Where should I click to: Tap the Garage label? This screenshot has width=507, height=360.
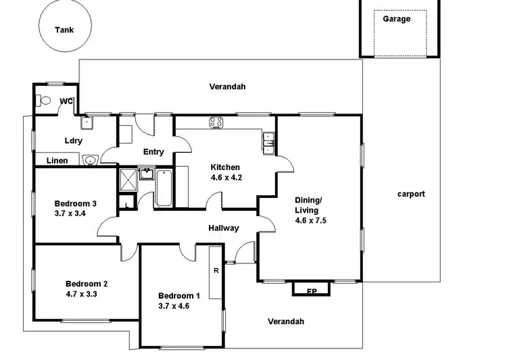(396, 19)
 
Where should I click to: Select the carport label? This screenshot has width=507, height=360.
(410, 194)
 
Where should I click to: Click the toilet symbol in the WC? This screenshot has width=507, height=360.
(45, 101)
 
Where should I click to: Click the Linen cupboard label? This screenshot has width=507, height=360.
(57, 161)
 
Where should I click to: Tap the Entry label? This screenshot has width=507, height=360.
(153, 152)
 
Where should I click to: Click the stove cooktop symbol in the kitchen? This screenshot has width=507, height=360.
(217, 123)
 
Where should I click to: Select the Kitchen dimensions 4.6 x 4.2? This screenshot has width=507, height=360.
(225, 179)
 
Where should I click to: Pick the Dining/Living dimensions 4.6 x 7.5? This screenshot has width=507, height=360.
(311, 220)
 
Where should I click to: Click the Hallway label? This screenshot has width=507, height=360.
(223, 228)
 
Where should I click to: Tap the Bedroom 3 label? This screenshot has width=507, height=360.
(75, 203)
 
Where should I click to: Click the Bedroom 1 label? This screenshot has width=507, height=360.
(179, 295)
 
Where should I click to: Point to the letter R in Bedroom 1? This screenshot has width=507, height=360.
(215, 271)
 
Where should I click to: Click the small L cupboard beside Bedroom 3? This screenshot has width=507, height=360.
(126, 203)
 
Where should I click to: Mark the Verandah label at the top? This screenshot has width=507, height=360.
(227, 86)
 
